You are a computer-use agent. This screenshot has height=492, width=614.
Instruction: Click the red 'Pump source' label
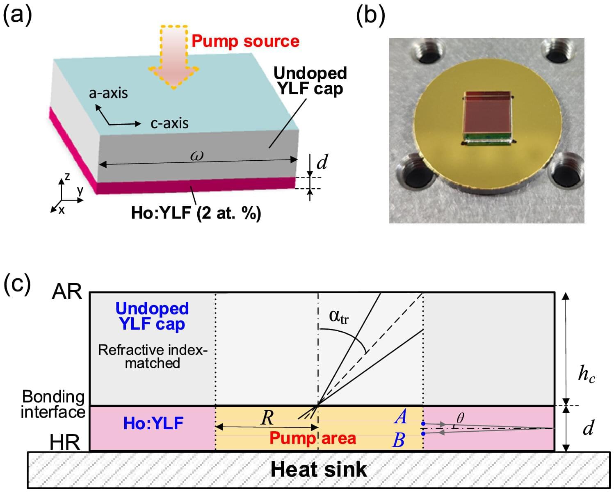(x=245, y=41)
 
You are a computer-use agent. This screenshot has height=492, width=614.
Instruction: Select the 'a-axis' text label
(x=108, y=93)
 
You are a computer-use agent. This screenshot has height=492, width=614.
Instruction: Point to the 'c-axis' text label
(x=169, y=123)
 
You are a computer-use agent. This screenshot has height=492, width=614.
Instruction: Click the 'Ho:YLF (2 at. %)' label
(x=196, y=213)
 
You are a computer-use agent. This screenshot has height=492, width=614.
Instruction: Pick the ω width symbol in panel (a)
(x=197, y=156)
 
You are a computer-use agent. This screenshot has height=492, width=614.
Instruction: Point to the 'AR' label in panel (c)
(x=67, y=292)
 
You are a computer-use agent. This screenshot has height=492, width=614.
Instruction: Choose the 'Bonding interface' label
(x=53, y=404)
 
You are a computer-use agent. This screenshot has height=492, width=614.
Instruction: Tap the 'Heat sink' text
(x=319, y=469)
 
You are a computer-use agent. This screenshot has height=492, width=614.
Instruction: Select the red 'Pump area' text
(x=313, y=438)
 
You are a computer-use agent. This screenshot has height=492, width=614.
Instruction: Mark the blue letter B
(x=399, y=440)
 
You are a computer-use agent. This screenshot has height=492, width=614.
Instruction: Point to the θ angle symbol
(x=460, y=418)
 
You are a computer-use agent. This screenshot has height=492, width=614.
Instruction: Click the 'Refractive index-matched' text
(x=153, y=356)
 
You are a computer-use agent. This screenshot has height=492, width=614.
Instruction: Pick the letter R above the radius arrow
(x=267, y=418)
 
